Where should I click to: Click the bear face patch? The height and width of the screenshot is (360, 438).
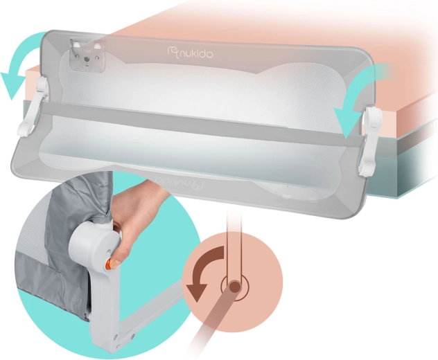[x=87, y=55]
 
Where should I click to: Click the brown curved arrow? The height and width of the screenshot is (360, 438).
[x=205, y=268]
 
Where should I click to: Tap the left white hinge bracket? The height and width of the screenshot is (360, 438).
[x=36, y=106]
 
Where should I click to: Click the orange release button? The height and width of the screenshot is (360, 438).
[x=107, y=264]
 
